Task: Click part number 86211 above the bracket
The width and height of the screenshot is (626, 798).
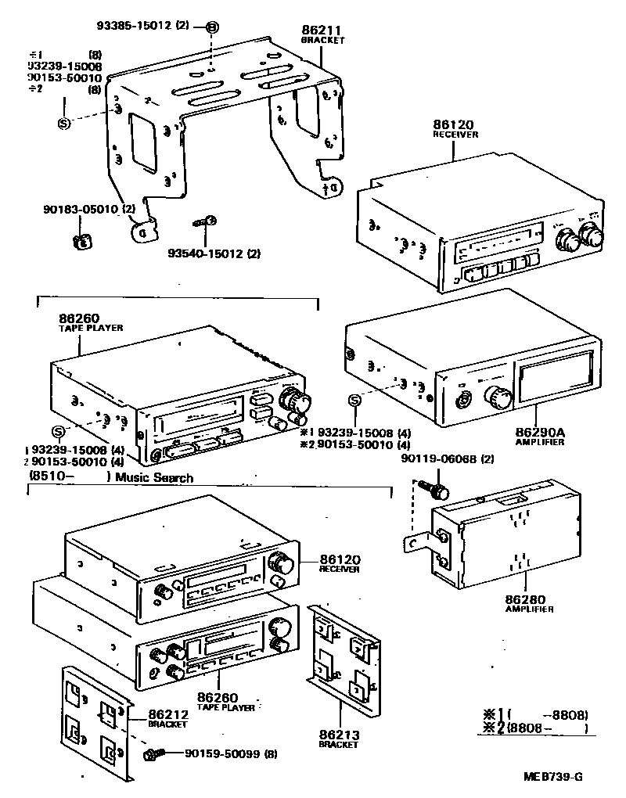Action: pyautogui.click(x=322, y=30)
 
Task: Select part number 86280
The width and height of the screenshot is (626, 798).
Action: pyautogui.click(x=526, y=599)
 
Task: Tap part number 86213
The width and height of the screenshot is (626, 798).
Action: pyautogui.click(x=337, y=735)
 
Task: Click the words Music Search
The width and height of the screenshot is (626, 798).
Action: pyautogui.click(x=154, y=478)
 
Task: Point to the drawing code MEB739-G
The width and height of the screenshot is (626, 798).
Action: pyautogui.click(x=553, y=777)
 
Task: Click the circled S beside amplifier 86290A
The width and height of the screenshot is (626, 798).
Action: pyautogui.click(x=354, y=401)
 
